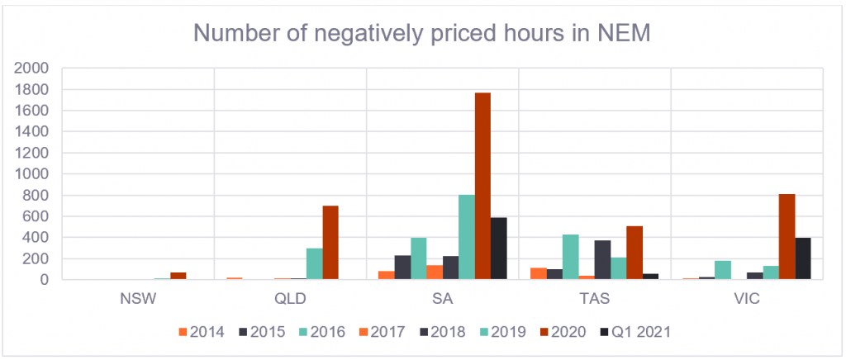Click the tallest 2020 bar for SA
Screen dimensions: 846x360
482,186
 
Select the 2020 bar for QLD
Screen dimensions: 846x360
330,243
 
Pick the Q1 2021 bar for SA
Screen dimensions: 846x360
499,249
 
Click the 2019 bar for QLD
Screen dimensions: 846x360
315,264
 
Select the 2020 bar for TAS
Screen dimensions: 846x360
635,253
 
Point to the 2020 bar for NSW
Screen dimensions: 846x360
178,276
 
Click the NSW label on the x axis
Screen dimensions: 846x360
139,300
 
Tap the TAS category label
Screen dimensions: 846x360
595,300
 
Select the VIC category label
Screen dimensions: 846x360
747,300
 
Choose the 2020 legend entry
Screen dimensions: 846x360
563,332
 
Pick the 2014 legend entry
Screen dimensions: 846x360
202,332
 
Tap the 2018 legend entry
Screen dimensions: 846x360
443,332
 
